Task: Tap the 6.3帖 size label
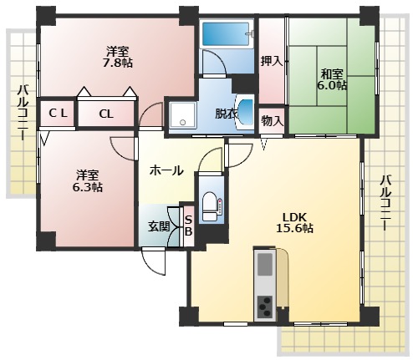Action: (x=88, y=188)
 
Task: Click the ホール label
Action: (x=166, y=170)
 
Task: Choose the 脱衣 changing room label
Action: (x=225, y=114)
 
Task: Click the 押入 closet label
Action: (x=270, y=60)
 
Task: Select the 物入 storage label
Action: (x=272, y=120)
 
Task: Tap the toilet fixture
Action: (x=210, y=204)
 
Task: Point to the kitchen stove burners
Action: (x=264, y=307)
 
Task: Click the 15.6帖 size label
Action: (x=295, y=228)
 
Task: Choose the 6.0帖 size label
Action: (x=332, y=85)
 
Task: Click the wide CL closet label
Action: (x=106, y=114)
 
